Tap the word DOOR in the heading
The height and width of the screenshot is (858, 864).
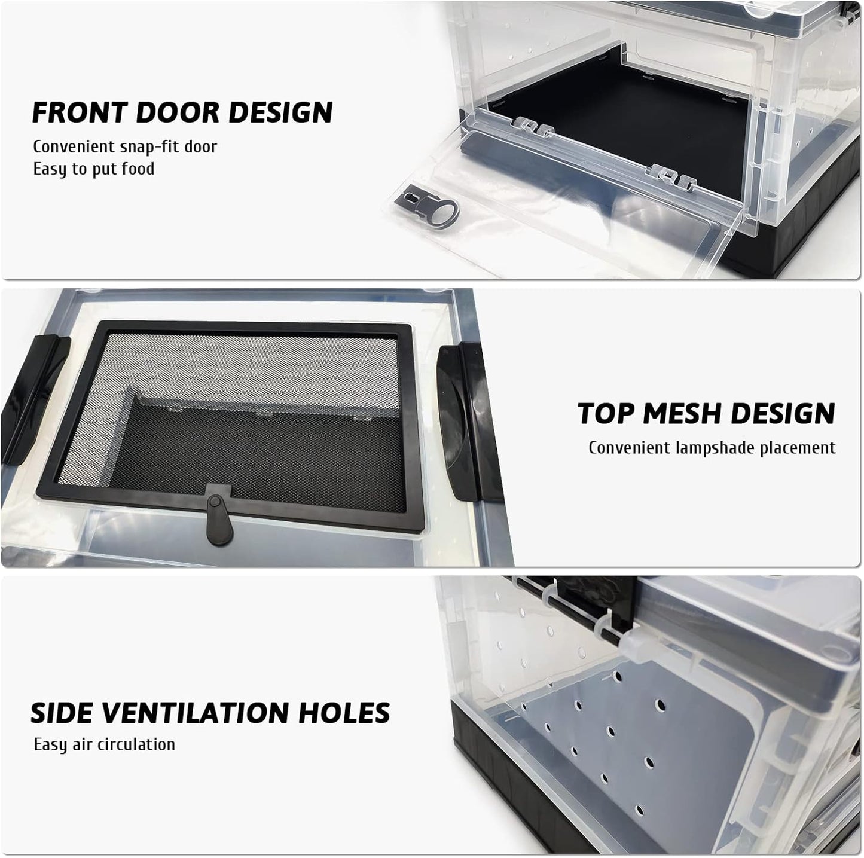click(x=178, y=112)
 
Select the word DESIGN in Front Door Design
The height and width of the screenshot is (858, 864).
click(x=280, y=112)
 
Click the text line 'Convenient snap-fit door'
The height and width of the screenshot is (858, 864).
click(x=125, y=146)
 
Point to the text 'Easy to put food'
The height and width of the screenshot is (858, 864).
click(x=94, y=169)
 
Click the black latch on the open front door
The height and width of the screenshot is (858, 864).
click(x=428, y=206)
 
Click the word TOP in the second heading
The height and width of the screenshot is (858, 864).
click(x=607, y=413)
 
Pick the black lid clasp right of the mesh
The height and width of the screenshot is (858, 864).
click(x=466, y=422)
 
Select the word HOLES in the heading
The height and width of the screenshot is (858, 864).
click(x=344, y=713)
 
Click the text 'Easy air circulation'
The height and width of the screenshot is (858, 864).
click(x=105, y=745)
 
